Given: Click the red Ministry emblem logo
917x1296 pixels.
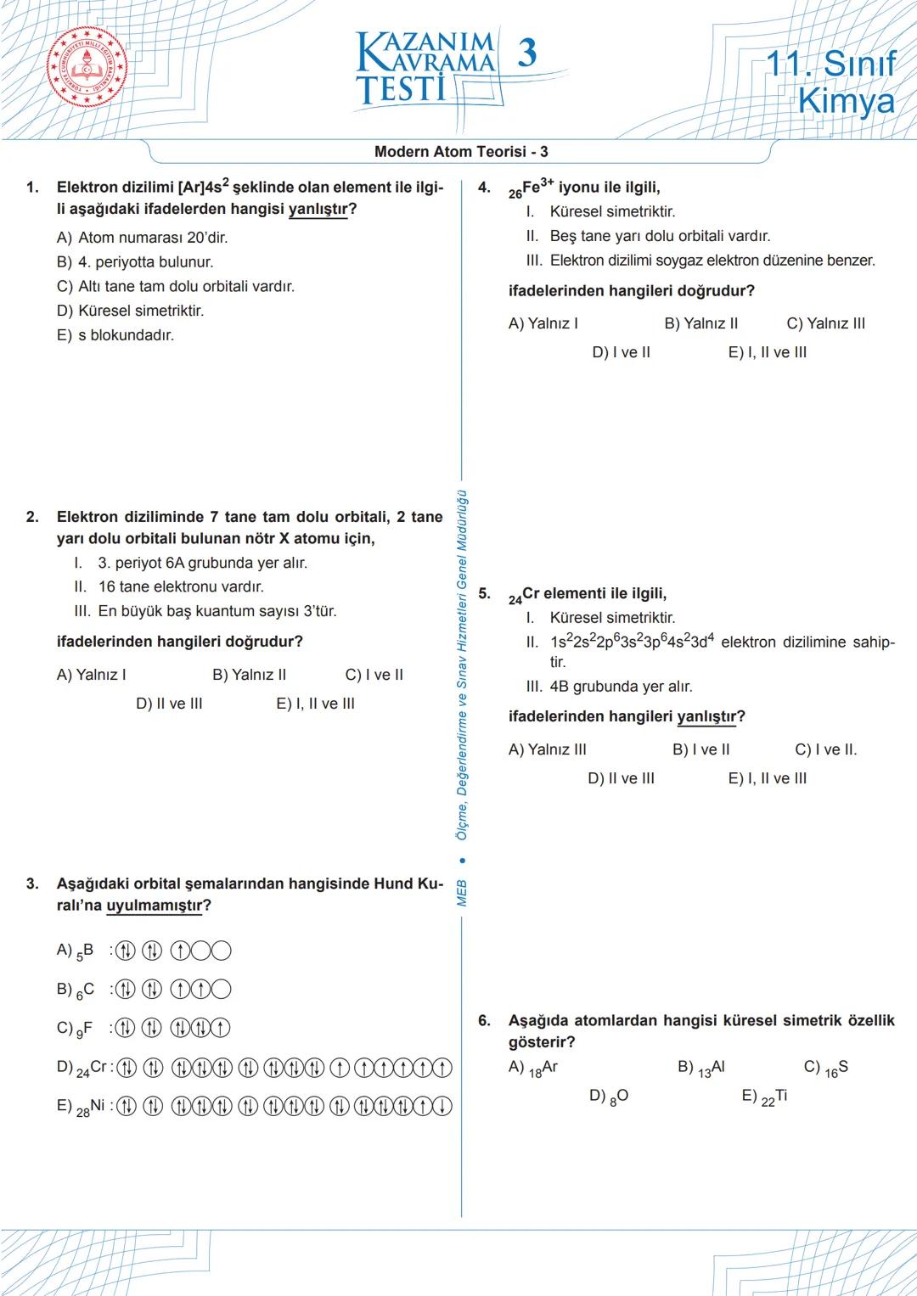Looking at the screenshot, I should pyautogui.click(x=88, y=69).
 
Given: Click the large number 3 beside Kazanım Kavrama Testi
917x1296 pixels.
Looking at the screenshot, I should pyautogui.click(x=526, y=53).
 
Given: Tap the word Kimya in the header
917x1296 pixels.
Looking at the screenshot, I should pyautogui.click(x=846, y=101).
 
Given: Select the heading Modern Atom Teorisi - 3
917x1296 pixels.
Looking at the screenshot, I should pyautogui.click(x=461, y=152).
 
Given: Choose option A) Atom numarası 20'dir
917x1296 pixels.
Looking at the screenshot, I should pyautogui.click(x=142, y=238).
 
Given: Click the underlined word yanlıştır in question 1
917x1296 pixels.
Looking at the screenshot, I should pyautogui.click(x=318, y=210).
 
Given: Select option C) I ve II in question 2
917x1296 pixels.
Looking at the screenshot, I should pyautogui.click(x=374, y=675).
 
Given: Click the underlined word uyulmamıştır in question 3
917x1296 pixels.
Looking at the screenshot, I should pyautogui.click(x=154, y=906).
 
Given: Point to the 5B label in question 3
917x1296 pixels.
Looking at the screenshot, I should pyautogui.click(x=84, y=951).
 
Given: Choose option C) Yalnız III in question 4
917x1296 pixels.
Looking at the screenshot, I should pyautogui.click(x=825, y=323).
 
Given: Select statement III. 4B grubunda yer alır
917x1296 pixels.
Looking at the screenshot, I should pyautogui.click(x=609, y=687).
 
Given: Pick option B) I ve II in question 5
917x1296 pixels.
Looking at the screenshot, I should pyautogui.click(x=700, y=749).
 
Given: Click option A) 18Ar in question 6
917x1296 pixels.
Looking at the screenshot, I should pyautogui.click(x=533, y=1068).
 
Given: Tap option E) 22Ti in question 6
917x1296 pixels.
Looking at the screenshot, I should pyautogui.click(x=764, y=1097).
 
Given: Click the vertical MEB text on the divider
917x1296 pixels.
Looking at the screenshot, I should pyautogui.click(x=462, y=893).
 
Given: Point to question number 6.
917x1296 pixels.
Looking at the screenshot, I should pyautogui.click(x=484, y=1021).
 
